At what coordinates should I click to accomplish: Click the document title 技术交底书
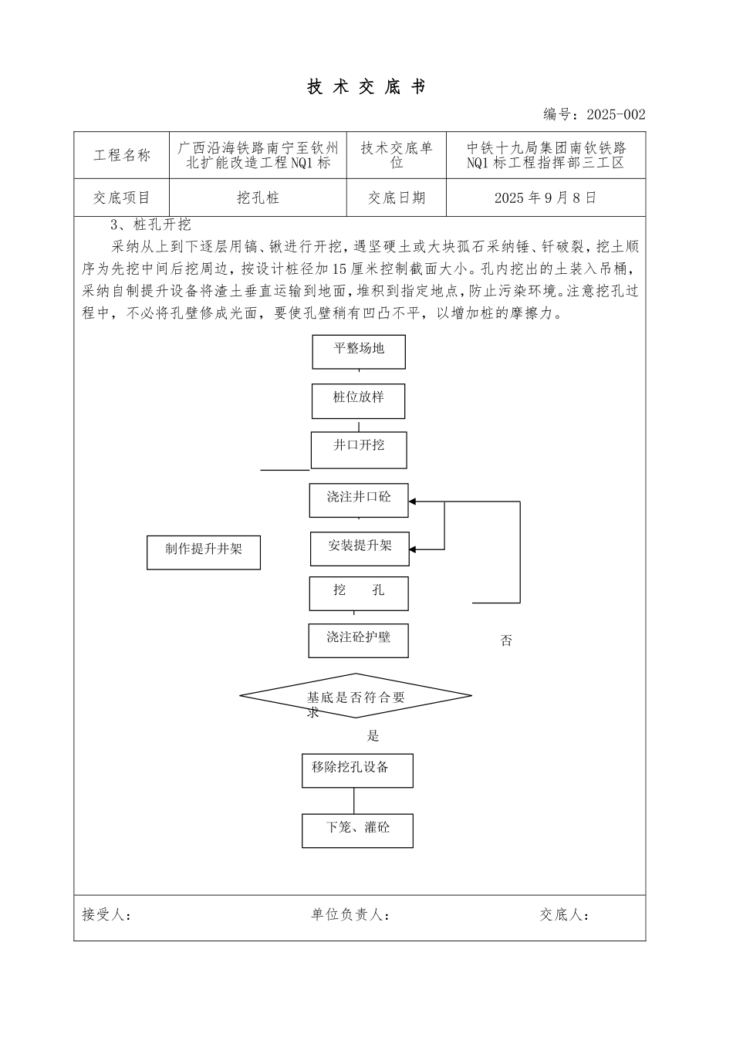coord(366,87)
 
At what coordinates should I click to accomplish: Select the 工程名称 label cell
coord(122,155)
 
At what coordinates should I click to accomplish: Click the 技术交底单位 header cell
coord(397,155)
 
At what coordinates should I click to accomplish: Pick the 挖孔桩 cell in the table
coord(258,198)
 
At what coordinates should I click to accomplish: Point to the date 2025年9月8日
coord(546,198)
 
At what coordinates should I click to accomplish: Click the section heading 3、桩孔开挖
coord(150,225)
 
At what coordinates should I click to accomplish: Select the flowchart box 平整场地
coord(359,351)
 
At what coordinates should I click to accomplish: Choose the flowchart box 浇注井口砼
coord(359,500)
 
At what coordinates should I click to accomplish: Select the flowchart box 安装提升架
coord(360,549)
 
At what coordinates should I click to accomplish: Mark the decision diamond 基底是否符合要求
coord(356,697)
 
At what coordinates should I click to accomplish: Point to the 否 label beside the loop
coord(506,641)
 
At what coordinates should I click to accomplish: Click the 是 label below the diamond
coord(373,736)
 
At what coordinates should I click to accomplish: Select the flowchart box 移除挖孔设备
coord(357,770)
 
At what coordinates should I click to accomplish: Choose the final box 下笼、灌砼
coord(357,830)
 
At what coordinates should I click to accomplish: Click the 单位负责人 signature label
coord(350,915)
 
